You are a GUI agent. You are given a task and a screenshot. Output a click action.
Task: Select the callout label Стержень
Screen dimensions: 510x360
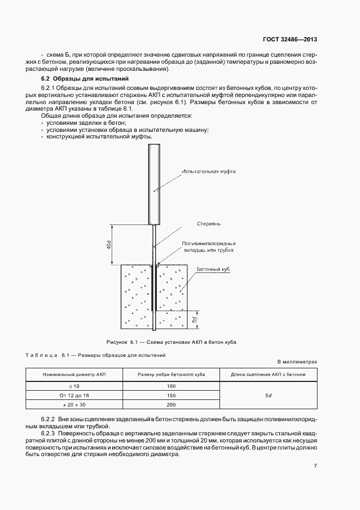[x=210, y=223]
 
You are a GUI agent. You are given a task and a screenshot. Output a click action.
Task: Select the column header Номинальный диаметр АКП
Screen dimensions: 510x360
[x=74, y=375]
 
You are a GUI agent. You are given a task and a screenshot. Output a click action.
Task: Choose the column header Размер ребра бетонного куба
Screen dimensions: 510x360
[x=170, y=375]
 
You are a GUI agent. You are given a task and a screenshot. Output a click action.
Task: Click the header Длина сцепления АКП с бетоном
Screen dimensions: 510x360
[x=269, y=375]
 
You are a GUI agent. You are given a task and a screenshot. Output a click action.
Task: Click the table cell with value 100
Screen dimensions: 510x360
[x=170, y=386]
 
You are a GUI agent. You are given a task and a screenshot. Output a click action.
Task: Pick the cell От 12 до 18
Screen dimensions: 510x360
[x=74, y=395]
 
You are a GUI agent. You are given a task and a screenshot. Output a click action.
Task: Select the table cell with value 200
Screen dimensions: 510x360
[x=170, y=404]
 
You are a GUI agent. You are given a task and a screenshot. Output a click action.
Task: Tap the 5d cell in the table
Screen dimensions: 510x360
[x=269, y=395]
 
